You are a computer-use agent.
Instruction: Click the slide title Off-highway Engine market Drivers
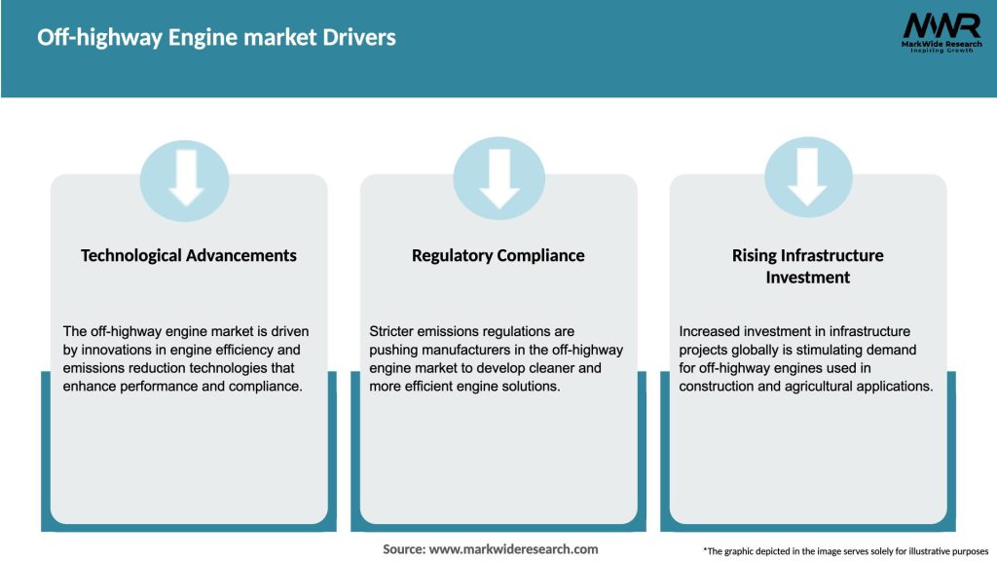216,38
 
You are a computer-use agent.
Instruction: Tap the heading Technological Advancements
189,255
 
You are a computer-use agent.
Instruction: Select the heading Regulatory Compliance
498,255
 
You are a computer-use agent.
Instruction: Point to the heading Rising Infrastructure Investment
807,266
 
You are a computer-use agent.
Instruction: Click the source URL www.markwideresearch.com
513,549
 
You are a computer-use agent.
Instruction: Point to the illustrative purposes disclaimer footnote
845,551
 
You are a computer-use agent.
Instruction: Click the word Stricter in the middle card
394,332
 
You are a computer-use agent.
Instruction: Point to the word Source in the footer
403,549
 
